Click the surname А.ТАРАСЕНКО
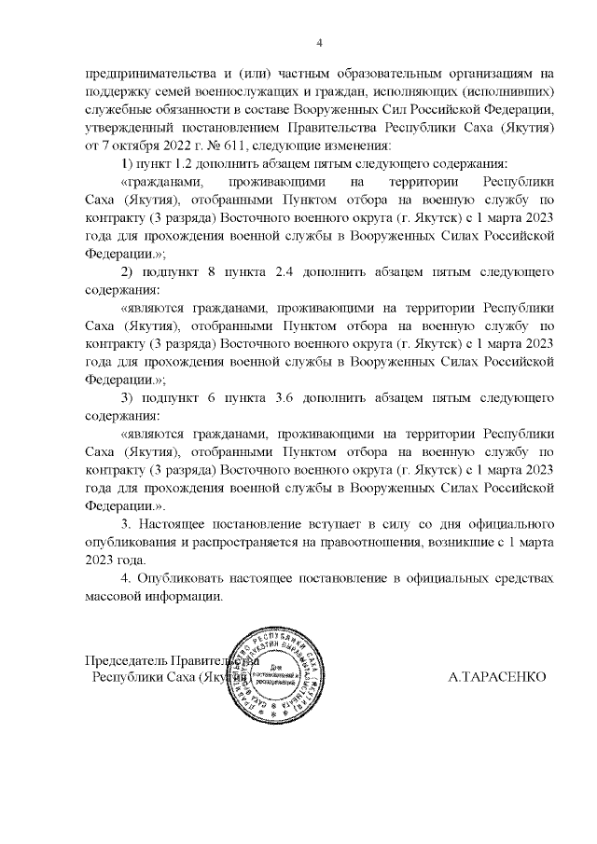click(496, 675)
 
